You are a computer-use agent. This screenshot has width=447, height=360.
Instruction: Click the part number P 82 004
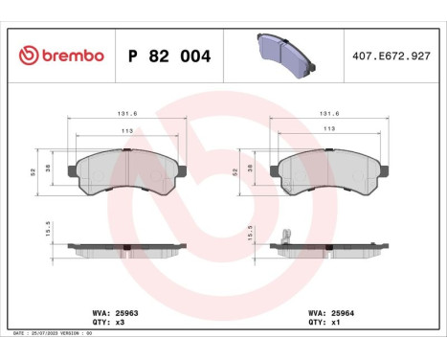[168, 56]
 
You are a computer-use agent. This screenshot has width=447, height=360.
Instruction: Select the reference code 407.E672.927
[392, 56]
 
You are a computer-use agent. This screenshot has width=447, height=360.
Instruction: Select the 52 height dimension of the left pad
[35, 170]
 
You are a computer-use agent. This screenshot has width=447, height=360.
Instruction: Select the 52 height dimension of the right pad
[235, 170]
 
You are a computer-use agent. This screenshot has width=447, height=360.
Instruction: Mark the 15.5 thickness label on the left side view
[35, 231]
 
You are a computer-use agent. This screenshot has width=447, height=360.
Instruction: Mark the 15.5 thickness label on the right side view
[235, 231]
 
